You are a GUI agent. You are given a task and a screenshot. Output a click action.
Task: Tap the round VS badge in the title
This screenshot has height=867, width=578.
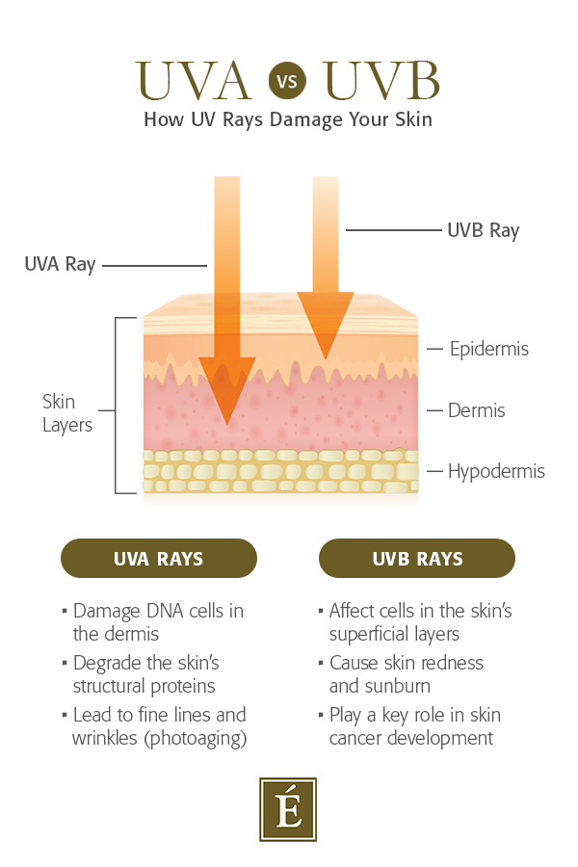[287, 81]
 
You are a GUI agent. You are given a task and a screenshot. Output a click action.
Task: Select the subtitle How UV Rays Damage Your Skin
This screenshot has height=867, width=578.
[288, 120]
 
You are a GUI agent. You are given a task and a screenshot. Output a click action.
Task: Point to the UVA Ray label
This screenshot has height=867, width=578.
[60, 264]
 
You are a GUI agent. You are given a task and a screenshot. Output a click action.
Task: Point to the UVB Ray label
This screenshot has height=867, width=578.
[483, 230]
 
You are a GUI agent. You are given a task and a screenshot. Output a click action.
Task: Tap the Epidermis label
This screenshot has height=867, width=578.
[488, 349]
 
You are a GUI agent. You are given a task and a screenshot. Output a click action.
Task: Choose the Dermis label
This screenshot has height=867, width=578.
[476, 410]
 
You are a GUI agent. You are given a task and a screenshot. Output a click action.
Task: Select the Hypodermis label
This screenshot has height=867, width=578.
[496, 471]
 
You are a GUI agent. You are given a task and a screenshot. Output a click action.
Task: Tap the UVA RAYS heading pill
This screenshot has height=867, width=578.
[158, 559]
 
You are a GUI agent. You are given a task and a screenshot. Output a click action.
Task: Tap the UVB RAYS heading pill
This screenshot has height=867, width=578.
[416, 559]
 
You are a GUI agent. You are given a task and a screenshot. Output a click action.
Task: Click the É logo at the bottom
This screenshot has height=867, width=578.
[288, 809]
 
